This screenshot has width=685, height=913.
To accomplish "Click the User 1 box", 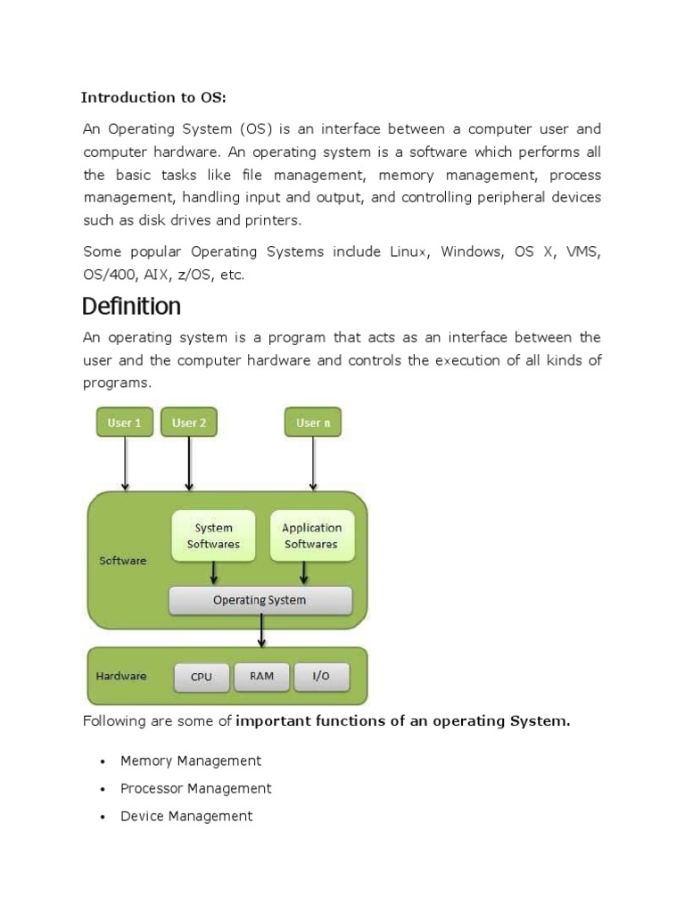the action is (x=125, y=422).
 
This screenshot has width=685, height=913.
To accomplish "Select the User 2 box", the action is (x=189, y=422).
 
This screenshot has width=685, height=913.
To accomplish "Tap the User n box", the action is (x=313, y=422).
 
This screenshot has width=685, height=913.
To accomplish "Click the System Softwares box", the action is (x=213, y=536).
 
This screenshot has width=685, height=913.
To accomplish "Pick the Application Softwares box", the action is (x=312, y=536).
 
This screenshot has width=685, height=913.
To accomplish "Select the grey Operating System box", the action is (x=260, y=600).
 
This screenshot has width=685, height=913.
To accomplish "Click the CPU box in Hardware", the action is (x=202, y=677).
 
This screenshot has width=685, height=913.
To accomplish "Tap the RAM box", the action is (x=261, y=677).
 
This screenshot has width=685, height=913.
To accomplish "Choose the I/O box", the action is (x=321, y=677).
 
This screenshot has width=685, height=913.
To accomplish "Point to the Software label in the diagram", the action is (x=123, y=560).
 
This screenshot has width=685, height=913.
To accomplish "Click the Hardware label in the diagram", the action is (x=121, y=676).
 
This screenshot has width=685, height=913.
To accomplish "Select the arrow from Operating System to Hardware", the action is (x=261, y=630).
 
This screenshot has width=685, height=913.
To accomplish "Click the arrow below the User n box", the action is (x=313, y=464).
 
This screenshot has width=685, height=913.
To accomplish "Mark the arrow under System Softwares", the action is (x=214, y=573).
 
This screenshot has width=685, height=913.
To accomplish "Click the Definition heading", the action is (x=132, y=307).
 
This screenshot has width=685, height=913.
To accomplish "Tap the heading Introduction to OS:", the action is (x=153, y=97).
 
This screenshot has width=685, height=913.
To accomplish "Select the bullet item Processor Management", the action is (x=195, y=788).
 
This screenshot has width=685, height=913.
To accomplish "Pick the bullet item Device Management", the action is (x=186, y=817).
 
